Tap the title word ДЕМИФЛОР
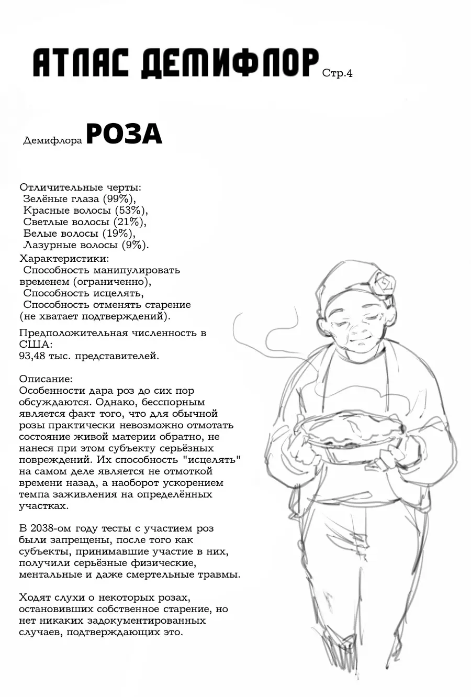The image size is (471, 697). click(x=230, y=64)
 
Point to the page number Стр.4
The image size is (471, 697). click(x=337, y=73)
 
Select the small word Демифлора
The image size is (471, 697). click(x=53, y=141)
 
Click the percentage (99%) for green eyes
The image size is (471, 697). click(x=119, y=199)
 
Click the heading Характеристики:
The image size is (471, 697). click(x=64, y=259)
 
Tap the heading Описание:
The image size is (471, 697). click(x=46, y=379)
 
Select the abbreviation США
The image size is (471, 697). click(x=36, y=345)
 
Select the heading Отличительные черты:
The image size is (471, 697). click(x=80, y=187)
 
